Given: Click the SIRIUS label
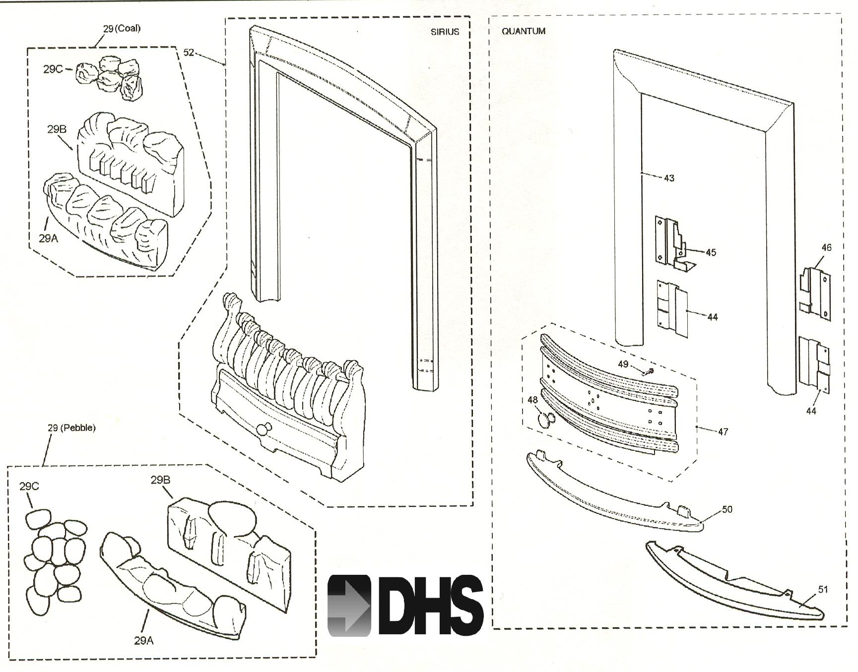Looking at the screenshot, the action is point(445,32).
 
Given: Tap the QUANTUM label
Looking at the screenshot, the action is point(524,31).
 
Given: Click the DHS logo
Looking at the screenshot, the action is point(405,606).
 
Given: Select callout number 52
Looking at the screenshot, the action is point(189,52).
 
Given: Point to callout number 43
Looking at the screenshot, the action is point(669,178).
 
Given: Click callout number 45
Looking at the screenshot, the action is point(711,252).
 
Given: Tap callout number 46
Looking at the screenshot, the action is point(826,247).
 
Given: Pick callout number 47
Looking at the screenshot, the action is point(723,431).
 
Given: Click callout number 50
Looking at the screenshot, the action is point(726,509).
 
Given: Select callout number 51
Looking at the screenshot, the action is point(823,589).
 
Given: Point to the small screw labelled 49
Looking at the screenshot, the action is point(649,371).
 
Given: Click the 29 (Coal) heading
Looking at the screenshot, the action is point(122,28).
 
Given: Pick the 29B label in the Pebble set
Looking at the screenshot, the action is point(160,480).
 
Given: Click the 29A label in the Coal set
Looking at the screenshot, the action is point(49,238).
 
